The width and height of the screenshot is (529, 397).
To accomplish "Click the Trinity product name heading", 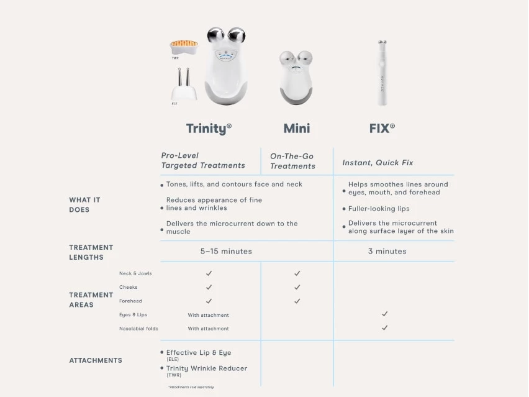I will [209, 129].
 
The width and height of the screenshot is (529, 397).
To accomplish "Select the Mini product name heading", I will [297, 129].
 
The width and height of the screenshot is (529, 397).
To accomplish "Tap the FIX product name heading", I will [382, 129].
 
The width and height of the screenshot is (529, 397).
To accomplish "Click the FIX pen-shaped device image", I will [381, 73].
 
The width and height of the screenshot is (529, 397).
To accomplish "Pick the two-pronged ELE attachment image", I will [184, 85].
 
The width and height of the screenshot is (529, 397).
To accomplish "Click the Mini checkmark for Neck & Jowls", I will [297, 273].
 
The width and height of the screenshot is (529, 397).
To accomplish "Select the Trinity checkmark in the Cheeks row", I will [209, 287].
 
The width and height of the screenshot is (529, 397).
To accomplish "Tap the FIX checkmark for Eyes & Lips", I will [385, 314].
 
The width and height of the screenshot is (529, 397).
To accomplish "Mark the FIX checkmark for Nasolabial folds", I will [385, 328].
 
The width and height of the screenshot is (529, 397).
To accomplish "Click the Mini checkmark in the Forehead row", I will [297, 301].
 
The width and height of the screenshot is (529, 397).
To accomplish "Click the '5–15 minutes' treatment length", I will [226, 252].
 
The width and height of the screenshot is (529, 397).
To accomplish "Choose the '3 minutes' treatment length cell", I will [387, 252].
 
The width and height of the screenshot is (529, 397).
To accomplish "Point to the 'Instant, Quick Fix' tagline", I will [378, 163].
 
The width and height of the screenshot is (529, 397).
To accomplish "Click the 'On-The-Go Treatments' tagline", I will [292, 161].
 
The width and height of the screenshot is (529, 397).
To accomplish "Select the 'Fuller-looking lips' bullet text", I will [379, 209].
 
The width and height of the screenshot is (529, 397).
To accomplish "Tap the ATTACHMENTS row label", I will [96, 360].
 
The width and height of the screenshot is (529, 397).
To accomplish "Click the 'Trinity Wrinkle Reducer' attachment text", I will [206, 368].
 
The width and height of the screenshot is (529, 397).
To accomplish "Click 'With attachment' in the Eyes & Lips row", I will [208, 315].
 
